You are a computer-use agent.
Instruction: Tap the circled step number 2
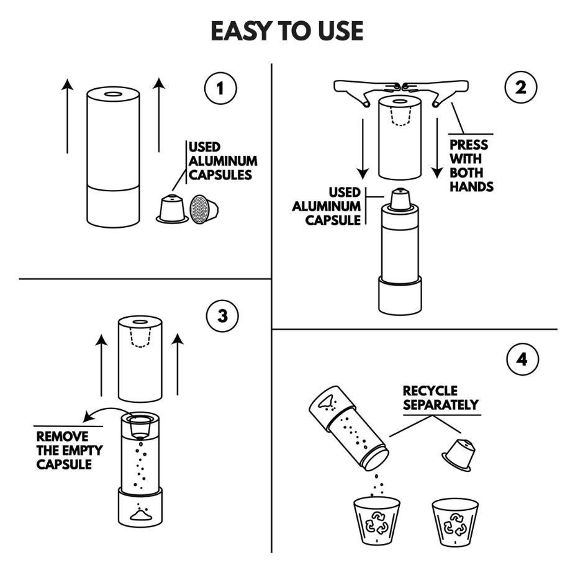519,88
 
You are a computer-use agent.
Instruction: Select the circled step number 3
222,316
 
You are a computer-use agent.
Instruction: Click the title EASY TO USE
286,31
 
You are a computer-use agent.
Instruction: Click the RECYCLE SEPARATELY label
441,398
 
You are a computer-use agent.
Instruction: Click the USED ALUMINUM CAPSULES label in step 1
222,160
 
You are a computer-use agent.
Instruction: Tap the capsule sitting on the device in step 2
399,199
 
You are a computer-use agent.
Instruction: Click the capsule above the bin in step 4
458,454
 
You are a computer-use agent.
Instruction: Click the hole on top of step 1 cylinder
113,94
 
